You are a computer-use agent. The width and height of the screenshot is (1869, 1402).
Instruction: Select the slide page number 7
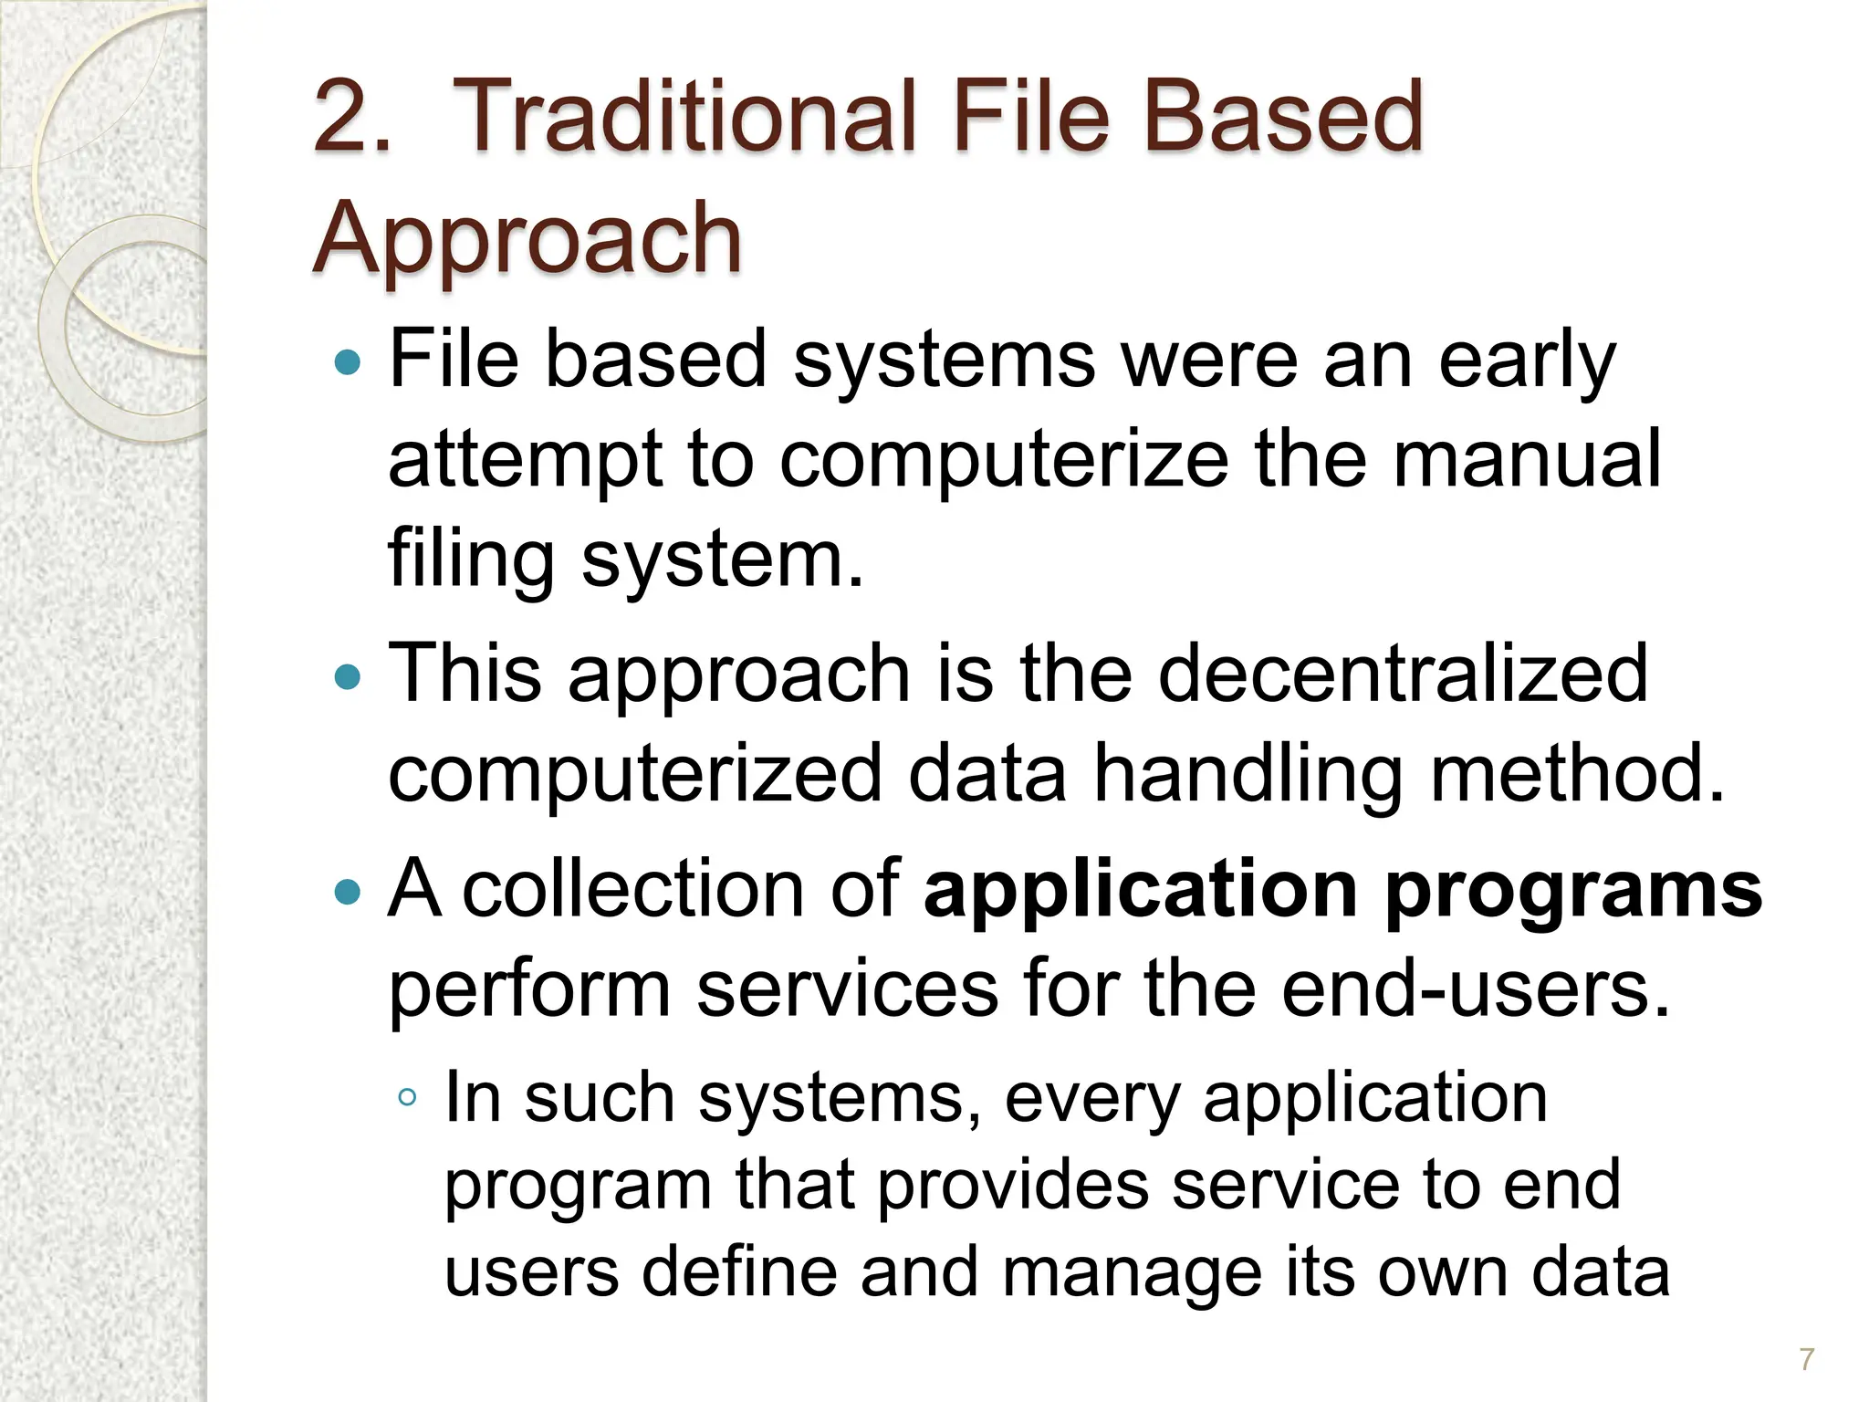click(x=1806, y=1359)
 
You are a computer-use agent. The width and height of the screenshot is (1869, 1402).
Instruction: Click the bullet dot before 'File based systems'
click(x=348, y=363)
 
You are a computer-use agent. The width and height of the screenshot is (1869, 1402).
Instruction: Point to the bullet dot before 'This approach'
click(x=348, y=677)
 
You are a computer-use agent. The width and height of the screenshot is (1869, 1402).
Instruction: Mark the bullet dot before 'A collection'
click(x=348, y=892)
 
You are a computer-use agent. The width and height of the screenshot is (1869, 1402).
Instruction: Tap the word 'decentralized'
click(x=1403, y=674)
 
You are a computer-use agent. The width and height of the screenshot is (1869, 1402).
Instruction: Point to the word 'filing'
click(x=471, y=559)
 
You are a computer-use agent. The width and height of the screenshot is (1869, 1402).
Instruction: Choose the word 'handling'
click(x=1247, y=774)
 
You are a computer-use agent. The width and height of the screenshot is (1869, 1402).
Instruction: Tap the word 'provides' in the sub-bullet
click(x=1013, y=1186)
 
